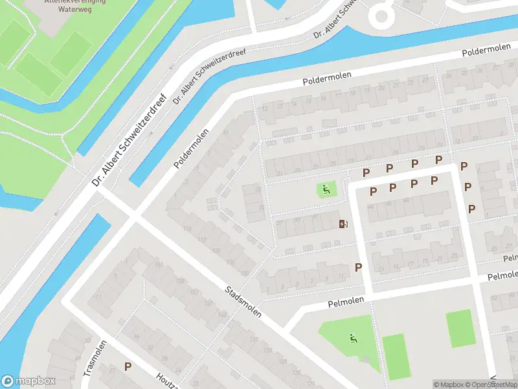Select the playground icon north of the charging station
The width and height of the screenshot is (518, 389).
click(x=326, y=190)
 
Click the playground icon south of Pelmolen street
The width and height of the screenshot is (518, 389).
click(x=353, y=337)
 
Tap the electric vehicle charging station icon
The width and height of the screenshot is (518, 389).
click(x=343, y=224)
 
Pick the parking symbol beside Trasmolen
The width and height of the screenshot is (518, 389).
click(x=128, y=366)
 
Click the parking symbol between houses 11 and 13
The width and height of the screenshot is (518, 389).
click(x=357, y=267)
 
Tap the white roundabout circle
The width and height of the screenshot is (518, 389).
click(x=380, y=14)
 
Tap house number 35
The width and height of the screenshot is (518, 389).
click(x=261, y=207)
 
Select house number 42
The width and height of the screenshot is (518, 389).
click(x=406, y=201)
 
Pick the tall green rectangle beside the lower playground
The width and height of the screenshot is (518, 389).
click(x=393, y=356)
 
